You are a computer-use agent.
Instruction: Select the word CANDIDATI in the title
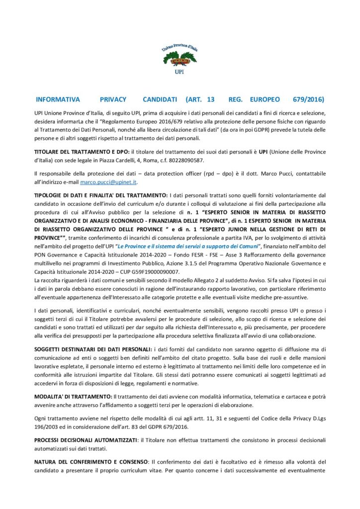click(x=156, y=99)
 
